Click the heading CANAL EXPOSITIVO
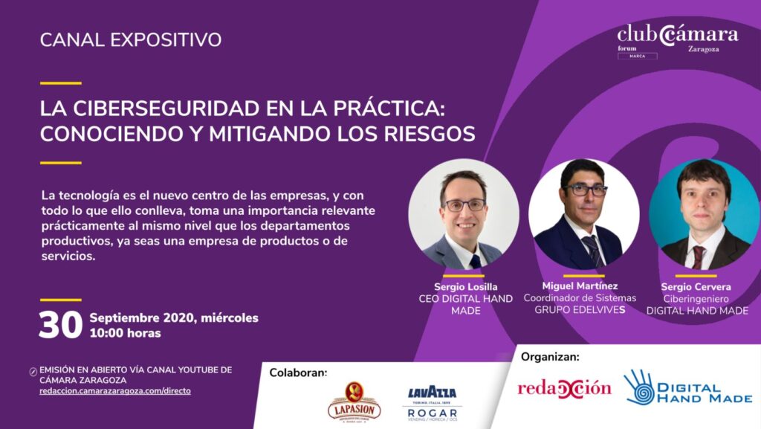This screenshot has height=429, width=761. point(131,40)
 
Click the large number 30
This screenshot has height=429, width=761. point(61,325)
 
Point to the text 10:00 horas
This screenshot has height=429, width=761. point(125,333)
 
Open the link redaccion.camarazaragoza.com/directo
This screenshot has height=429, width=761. point(115,391)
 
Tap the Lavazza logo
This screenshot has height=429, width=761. point(432,393)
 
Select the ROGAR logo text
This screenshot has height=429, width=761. point(433,413)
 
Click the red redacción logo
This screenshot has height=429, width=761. point(565,388)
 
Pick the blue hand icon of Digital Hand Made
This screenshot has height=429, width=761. point(639,388)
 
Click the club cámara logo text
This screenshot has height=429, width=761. point(678,34)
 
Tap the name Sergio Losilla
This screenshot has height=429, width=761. point(465,287)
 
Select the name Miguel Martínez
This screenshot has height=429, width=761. point(580,286)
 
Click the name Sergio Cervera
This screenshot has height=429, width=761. point(696,287)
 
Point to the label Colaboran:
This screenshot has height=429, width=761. point(298,372)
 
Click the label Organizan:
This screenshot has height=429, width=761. point(550,357)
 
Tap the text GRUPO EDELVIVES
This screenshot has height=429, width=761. point(580,309)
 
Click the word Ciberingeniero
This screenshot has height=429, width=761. point(696,299)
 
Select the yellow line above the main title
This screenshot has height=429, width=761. point(61,83)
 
